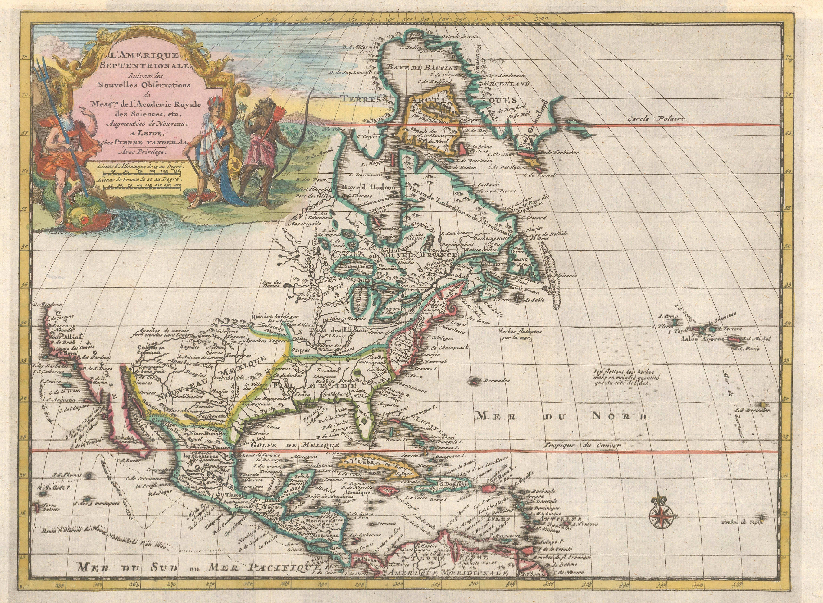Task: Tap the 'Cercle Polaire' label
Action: (x=656, y=119)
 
